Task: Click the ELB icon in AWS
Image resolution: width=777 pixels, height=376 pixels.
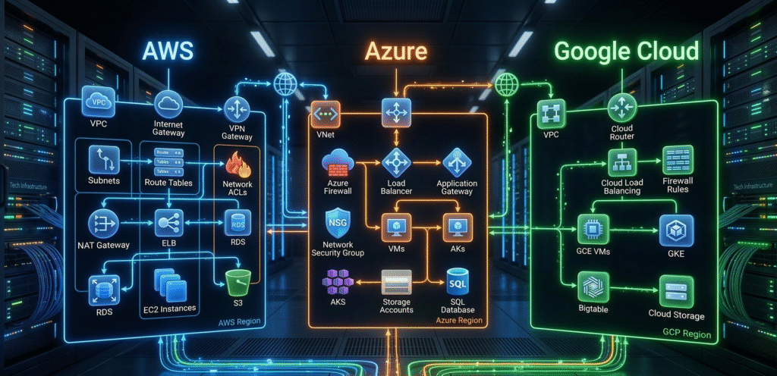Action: pos(166,223)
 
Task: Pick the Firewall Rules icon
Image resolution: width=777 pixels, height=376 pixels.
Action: pos(677,161)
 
